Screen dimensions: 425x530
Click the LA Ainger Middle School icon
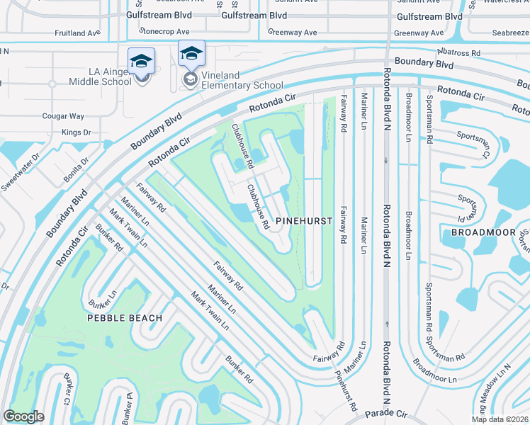141,61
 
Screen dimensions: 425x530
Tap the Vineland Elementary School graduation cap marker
191,54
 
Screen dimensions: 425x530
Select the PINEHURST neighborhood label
304,221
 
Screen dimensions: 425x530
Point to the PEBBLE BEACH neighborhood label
125,318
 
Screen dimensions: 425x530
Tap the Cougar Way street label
63,116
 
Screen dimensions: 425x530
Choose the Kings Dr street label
77,132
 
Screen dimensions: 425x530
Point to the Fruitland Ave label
78,33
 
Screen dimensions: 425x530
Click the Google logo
24,416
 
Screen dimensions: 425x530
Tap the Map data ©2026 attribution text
500,419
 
